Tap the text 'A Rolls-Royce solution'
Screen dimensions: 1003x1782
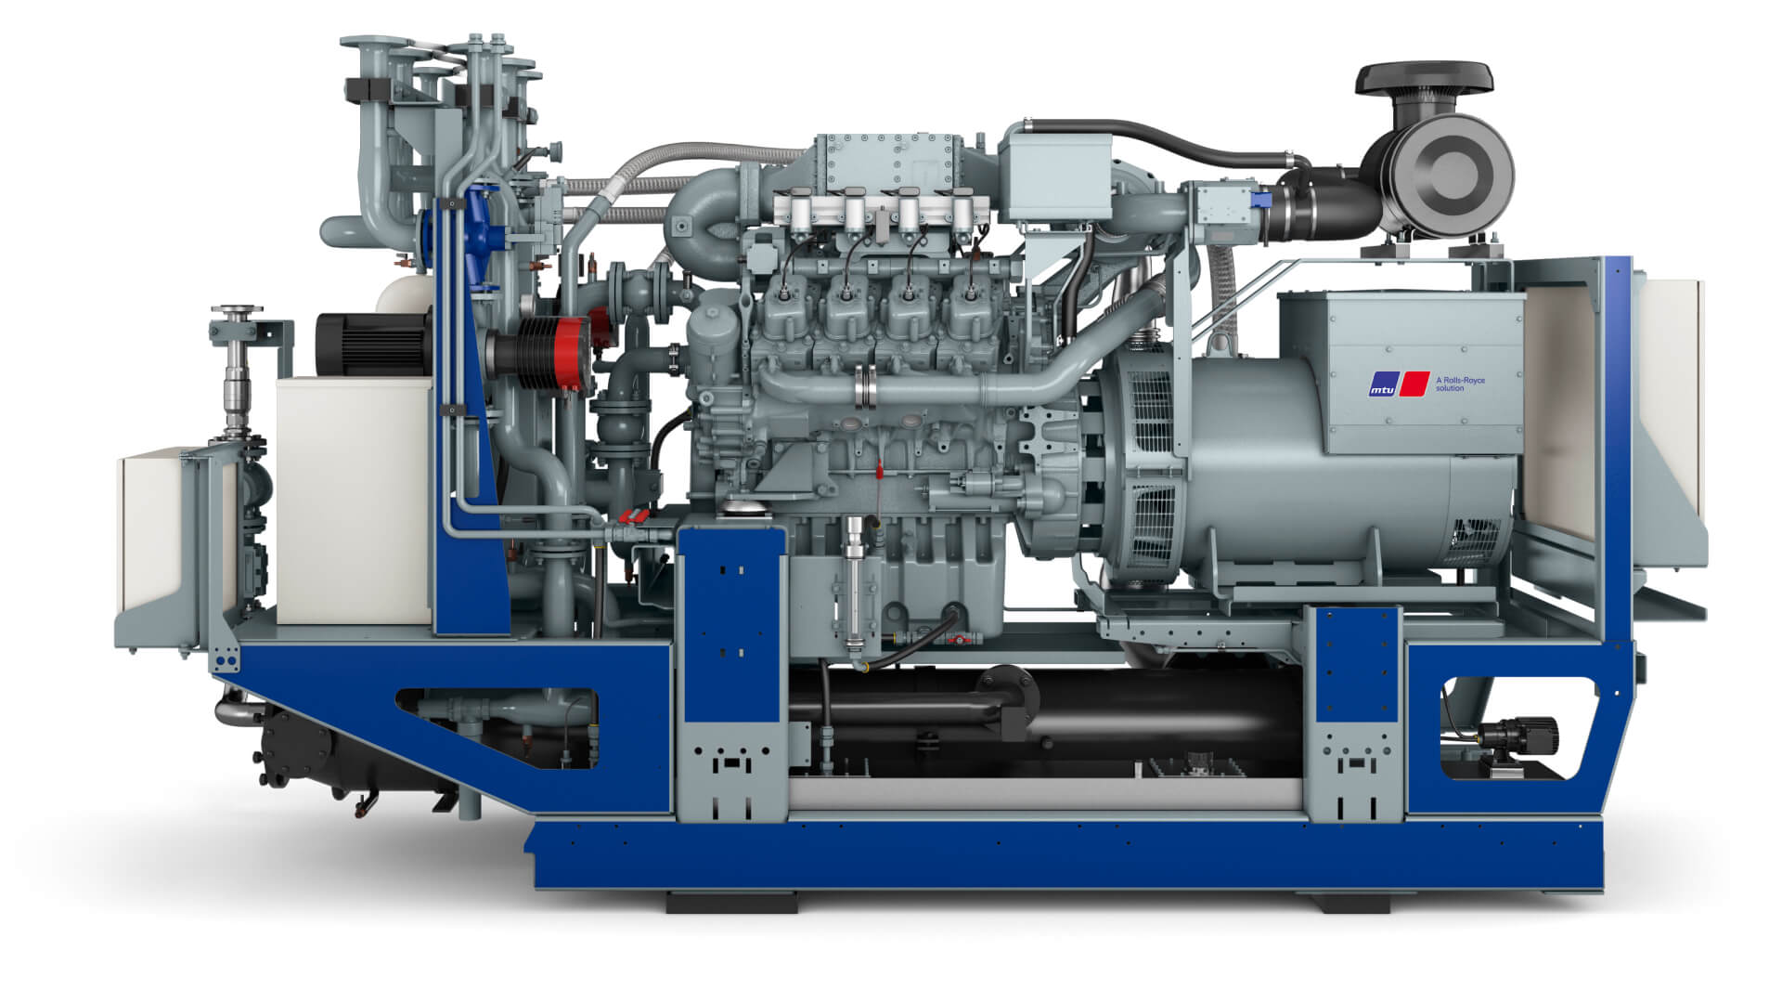pyautogui.click(x=1460, y=384)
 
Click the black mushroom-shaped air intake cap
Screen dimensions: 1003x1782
pyautogui.click(x=1425, y=79)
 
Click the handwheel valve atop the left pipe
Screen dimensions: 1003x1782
pyautogui.click(x=237, y=312)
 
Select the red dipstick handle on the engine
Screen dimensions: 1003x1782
pyautogui.click(x=876, y=469)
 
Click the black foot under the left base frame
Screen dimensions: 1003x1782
pyautogui.click(x=731, y=902)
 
